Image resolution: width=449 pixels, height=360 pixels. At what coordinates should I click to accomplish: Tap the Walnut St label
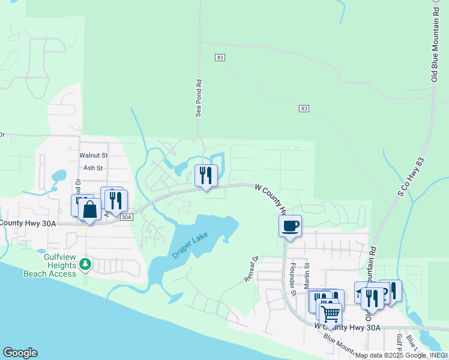pos(93,155)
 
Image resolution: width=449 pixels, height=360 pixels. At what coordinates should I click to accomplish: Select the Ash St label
pos(93,169)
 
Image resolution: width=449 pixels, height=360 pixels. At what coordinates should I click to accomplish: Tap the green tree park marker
pos(85,264)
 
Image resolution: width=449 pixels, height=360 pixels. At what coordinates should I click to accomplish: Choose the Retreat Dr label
pos(251,270)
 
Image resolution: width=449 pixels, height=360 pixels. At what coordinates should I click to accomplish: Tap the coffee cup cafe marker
pos(290,226)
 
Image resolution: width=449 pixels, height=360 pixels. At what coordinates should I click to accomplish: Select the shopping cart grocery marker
pos(330,313)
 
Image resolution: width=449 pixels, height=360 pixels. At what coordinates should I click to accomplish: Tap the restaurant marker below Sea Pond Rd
pos(206,175)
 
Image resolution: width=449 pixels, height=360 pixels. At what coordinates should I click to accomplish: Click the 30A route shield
pos(126,217)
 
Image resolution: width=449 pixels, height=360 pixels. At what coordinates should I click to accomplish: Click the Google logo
pos(20,353)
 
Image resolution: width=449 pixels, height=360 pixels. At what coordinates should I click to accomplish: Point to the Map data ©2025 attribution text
pos(384,355)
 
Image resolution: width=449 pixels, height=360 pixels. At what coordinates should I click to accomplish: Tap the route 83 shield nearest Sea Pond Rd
pos(220,57)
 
